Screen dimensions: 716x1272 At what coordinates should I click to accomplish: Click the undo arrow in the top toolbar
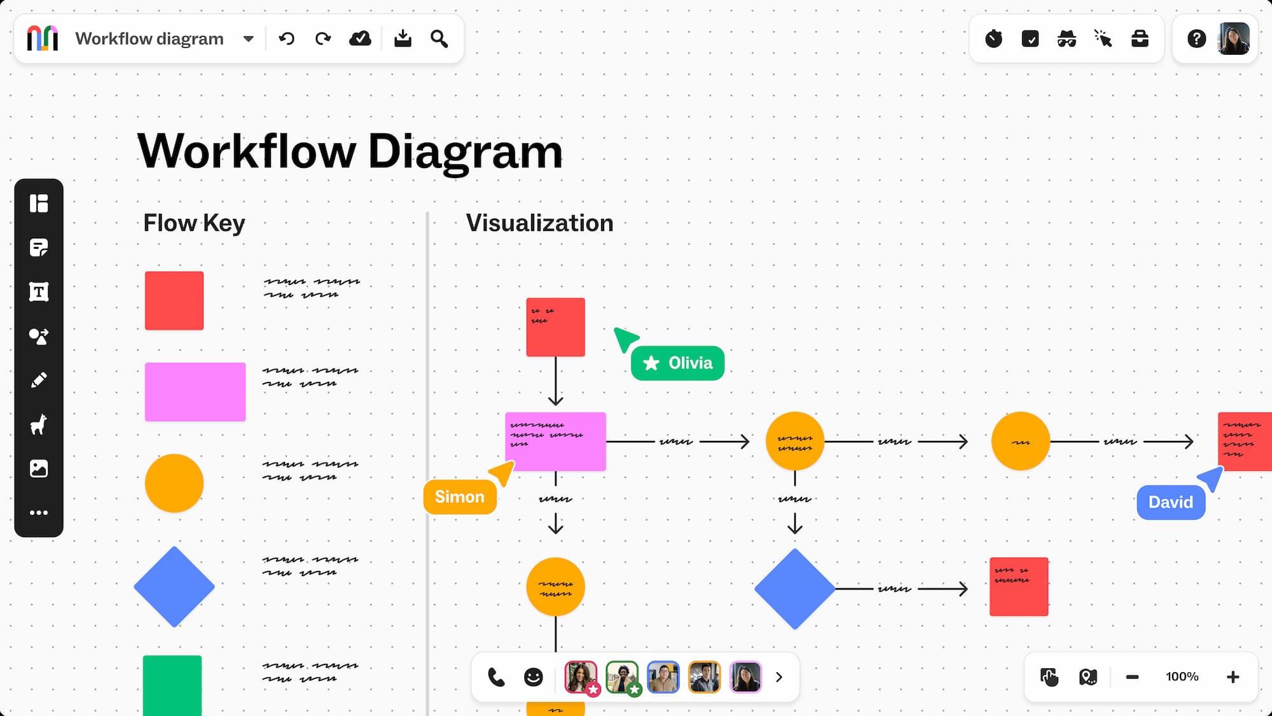(287, 39)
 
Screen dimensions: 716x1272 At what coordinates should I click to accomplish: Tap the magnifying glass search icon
(439, 39)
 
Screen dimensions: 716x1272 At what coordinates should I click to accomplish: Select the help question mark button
(1196, 39)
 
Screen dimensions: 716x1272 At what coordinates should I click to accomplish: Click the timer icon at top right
(993, 39)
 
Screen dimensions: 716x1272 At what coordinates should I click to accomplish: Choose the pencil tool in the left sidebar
(39, 380)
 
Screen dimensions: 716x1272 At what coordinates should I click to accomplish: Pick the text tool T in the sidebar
(39, 292)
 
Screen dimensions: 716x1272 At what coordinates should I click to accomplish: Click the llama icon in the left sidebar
(39, 425)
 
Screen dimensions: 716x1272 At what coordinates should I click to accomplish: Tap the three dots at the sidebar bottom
(39, 512)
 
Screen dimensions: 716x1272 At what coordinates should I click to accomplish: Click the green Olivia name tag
(677, 363)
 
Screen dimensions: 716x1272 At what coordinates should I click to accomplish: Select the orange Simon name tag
(460, 497)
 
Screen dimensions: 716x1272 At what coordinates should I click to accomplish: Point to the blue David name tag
(1170, 502)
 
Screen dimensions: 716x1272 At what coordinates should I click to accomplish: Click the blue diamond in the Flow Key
(174, 587)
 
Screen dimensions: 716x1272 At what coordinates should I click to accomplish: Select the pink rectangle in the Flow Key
(195, 392)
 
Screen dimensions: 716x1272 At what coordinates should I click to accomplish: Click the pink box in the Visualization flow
(555, 442)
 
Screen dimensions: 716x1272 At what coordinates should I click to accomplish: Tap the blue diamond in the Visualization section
(794, 589)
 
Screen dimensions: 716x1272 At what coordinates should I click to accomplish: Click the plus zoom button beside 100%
(1233, 677)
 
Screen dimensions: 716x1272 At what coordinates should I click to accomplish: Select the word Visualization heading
(539, 223)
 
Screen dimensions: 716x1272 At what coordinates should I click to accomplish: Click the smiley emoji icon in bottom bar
(533, 677)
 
